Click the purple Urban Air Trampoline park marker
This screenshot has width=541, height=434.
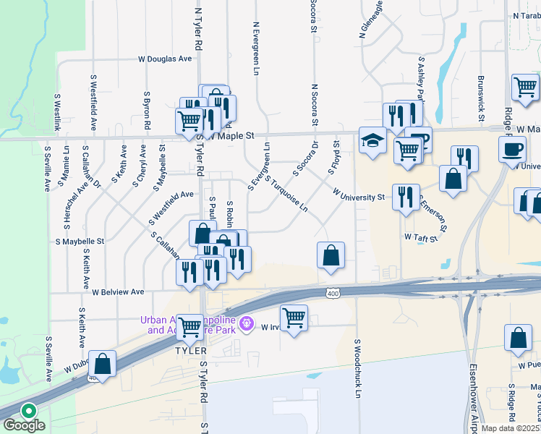point(247,323)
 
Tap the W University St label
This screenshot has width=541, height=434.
point(358,196)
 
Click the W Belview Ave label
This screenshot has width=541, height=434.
point(119,292)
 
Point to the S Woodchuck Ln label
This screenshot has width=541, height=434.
point(357,368)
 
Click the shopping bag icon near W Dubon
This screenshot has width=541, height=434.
point(103,364)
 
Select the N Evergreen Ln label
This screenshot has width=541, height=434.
point(256,48)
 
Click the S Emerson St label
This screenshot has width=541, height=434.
point(433,215)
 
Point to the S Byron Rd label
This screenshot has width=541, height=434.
point(147,110)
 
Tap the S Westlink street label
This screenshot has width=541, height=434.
point(57,112)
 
